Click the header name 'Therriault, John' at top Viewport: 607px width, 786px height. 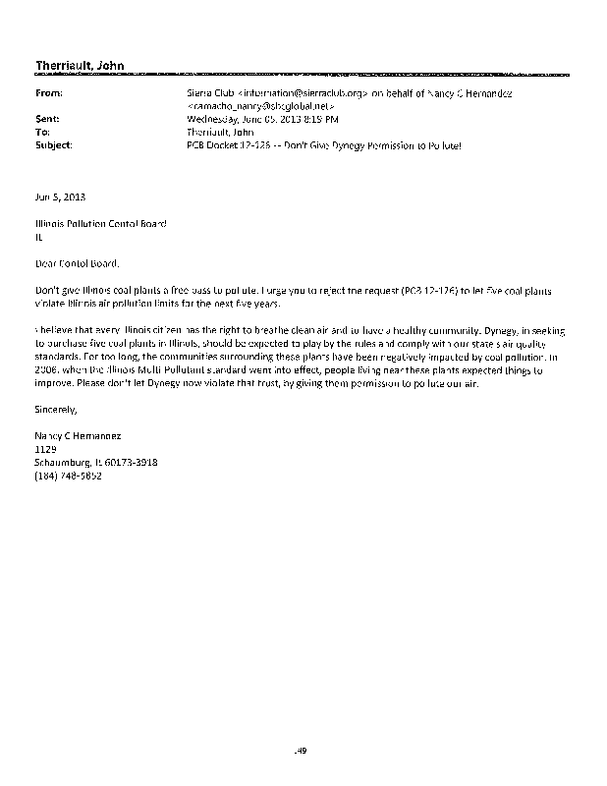[x=80, y=66]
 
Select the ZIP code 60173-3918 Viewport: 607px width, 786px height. [x=133, y=463]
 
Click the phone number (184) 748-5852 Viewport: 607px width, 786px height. [x=68, y=476]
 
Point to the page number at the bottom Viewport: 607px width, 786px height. [x=303, y=752]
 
